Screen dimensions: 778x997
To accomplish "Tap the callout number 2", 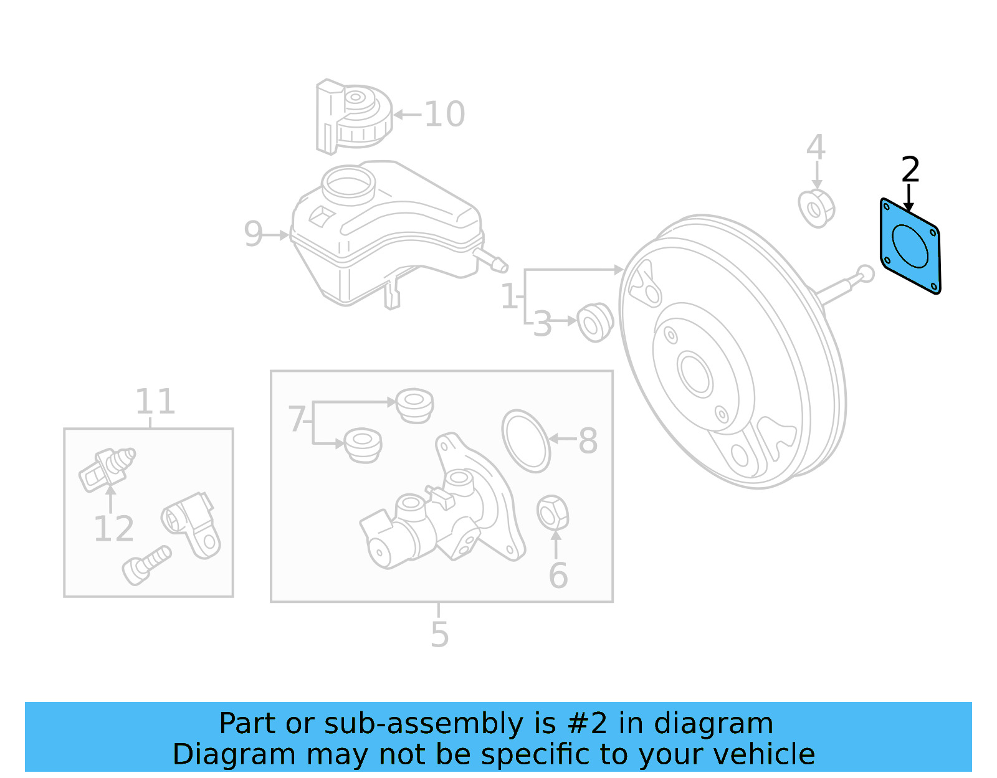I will [910, 169].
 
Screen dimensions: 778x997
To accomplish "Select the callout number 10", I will [444, 115].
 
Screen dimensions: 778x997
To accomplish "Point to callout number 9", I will [253, 234].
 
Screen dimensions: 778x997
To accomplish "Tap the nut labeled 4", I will [816, 209].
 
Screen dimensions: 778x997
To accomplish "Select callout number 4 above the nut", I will [816, 148].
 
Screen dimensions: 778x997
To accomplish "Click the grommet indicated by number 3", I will [595, 322].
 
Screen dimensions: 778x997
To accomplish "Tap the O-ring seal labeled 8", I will [526, 441].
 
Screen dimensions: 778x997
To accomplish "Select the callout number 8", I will [588, 441].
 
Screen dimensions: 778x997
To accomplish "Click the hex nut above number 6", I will [552, 513].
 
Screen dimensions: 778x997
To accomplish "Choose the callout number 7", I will [297, 419].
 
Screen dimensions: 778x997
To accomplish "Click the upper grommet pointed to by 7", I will [414, 405].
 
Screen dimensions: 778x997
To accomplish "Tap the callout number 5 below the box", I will [439, 634].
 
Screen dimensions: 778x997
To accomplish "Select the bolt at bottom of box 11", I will [146, 564].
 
